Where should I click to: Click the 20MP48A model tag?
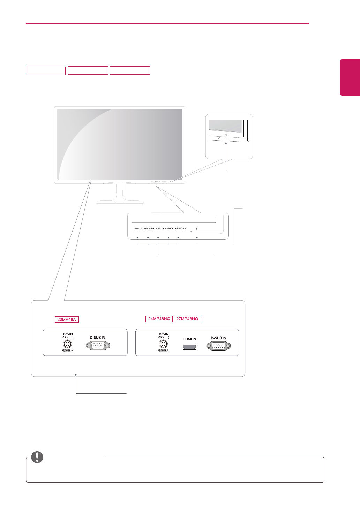point(67,319)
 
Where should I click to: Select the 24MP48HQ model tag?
point(159,319)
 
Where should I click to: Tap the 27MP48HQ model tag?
point(187,319)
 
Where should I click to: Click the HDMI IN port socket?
point(189,347)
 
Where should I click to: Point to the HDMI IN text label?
point(189,339)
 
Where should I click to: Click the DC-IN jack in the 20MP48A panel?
point(68,344)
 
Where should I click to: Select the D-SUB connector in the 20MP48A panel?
point(98,346)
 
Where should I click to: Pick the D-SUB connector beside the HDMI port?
point(218,346)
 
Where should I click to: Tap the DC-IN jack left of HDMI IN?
point(164,344)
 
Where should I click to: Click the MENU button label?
point(138,228)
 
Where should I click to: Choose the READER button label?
point(149,228)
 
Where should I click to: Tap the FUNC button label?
point(159,228)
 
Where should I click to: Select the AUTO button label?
point(169,228)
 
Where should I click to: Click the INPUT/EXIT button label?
point(180,228)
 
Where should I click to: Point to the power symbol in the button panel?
point(197,229)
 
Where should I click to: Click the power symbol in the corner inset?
point(226,135)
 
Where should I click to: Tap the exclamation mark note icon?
point(37,457)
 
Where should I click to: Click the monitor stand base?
point(119,202)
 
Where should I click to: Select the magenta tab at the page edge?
point(350,77)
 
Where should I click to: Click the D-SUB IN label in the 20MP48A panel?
point(98,338)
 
